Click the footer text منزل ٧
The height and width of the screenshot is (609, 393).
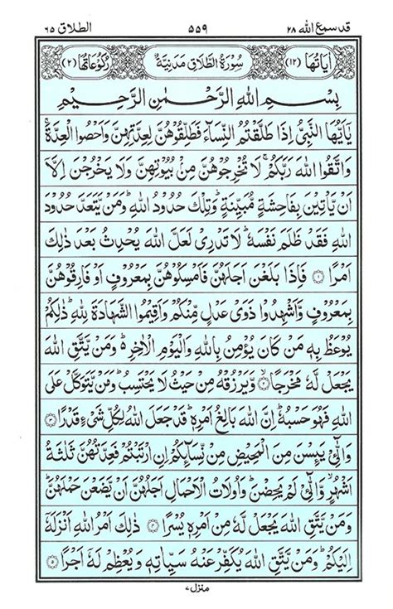coord(196,585)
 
